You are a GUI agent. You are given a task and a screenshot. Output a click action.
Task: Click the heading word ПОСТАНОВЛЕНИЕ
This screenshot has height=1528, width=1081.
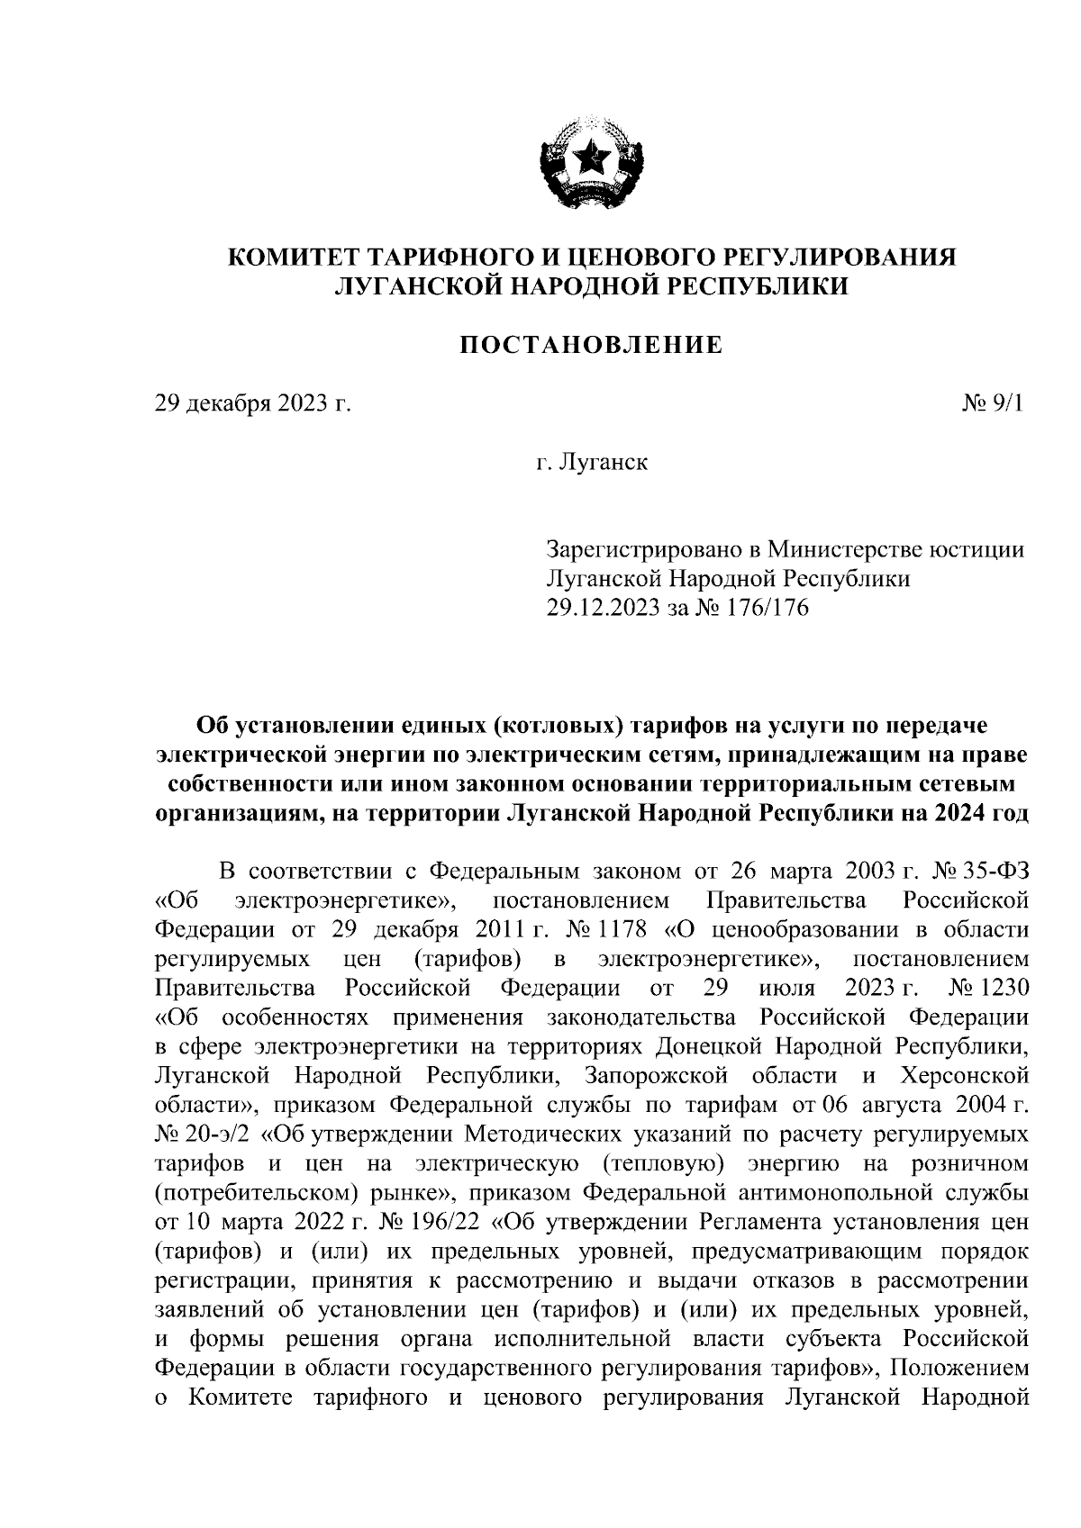click(592, 344)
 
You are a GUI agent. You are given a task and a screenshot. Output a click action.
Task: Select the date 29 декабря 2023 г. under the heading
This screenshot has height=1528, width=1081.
click(252, 404)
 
